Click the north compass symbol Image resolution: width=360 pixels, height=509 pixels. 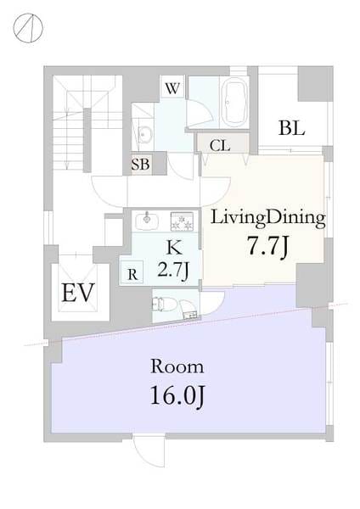[28, 28]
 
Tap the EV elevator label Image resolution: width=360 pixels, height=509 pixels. [77, 293]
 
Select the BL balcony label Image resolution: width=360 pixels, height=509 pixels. [291, 128]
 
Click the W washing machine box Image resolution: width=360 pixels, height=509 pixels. [172, 87]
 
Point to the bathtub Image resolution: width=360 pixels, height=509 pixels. [234, 101]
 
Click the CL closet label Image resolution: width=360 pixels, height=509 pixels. [220, 146]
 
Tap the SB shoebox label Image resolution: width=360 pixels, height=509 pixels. [140, 165]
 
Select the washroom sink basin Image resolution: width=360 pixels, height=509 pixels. [144, 134]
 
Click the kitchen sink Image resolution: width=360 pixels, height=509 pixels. [147, 220]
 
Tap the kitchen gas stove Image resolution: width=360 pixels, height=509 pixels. [183, 221]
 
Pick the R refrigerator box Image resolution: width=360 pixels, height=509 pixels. [132, 272]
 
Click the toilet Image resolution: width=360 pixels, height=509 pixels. [166, 305]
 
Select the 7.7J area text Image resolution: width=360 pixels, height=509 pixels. [267, 246]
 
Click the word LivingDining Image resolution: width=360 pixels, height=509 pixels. [268, 218]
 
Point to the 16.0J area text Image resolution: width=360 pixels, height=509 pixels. [177, 395]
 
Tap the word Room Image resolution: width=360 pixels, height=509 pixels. [177, 366]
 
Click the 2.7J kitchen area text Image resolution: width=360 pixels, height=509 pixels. [173, 269]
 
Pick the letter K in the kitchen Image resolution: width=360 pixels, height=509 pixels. [174, 249]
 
